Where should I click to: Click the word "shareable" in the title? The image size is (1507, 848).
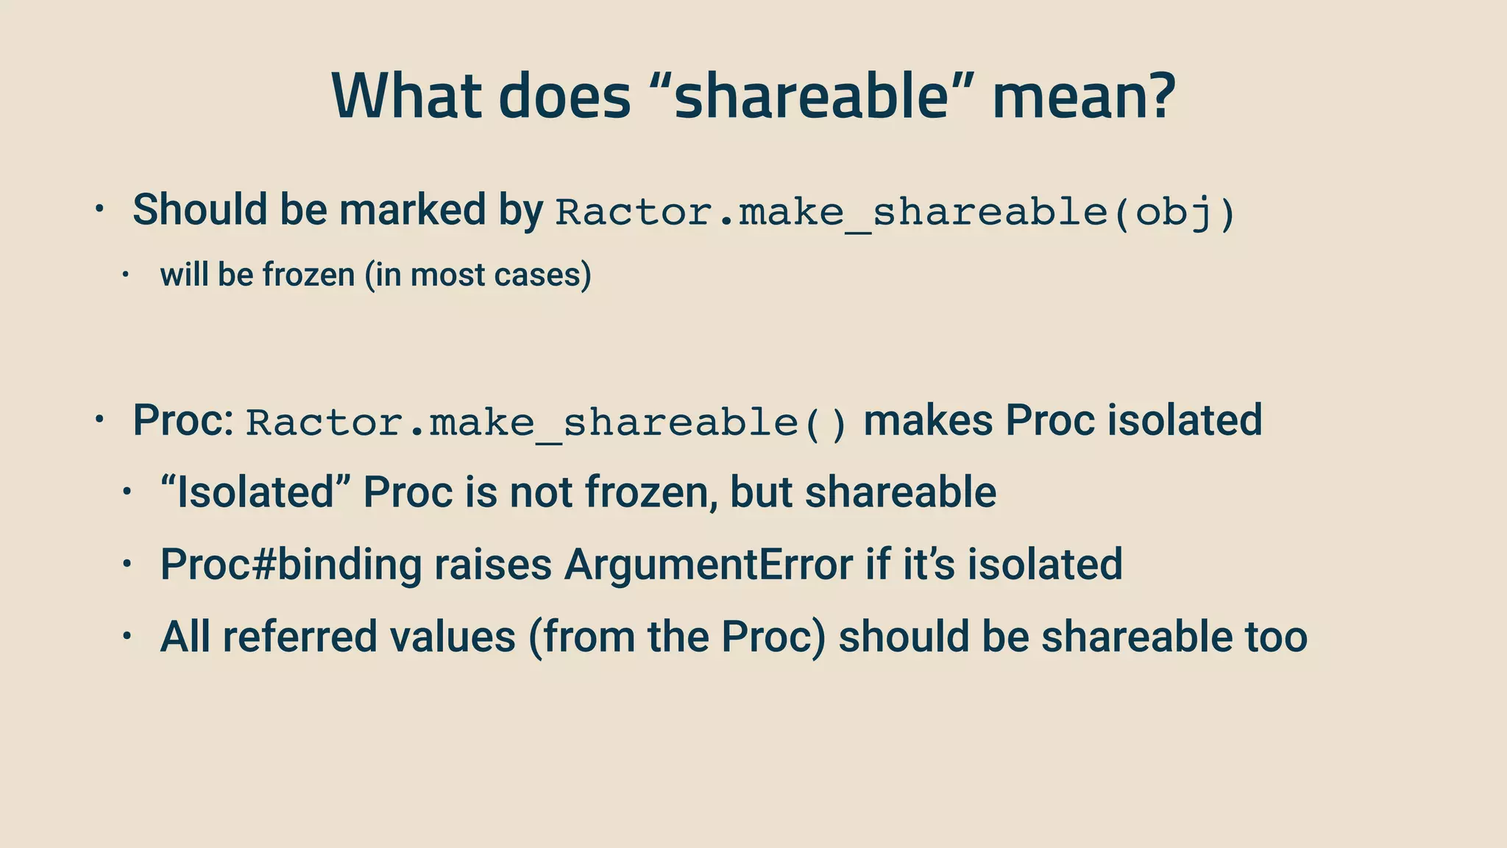(811, 97)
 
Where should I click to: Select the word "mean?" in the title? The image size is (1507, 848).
(1083, 97)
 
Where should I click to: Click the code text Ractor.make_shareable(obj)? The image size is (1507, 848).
(895, 213)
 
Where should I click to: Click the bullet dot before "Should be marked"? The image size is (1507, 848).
(100, 209)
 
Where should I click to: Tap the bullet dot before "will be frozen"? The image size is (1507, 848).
(126, 275)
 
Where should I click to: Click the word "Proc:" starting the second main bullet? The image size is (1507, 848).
(183, 420)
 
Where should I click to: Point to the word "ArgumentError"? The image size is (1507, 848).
(709, 565)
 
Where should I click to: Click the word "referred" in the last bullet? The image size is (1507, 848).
(300, 637)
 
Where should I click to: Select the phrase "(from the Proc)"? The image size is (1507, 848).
(677, 637)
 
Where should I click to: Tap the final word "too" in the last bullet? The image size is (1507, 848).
(1276, 637)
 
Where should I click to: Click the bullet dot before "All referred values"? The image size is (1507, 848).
(126, 636)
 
